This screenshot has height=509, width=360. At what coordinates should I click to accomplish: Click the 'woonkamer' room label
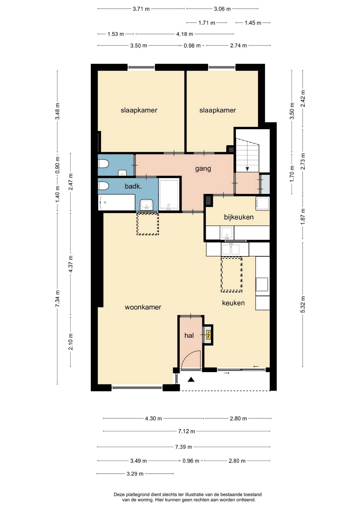(x=143, y=307)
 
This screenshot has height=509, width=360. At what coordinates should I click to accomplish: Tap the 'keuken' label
(x=233, y=303)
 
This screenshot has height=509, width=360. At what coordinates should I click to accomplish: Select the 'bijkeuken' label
(x=239, y=217)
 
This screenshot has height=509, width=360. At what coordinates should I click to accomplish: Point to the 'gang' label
(x=203, y=169)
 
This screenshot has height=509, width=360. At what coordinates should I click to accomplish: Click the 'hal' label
(x=189, y=335)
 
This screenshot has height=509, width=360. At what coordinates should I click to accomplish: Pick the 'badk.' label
(x=133, y=186)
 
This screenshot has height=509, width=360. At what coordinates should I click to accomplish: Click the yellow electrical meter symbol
(x=208, y=335)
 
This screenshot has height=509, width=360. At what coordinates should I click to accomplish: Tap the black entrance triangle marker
(x=191, y=380)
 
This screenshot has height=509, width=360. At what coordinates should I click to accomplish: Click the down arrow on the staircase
(x=247, y=169)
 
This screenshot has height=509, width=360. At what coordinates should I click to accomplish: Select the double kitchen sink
(x=231, y=249)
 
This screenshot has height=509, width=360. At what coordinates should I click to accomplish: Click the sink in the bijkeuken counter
(x=227, y=233)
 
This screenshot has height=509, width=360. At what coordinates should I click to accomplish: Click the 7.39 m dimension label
(x=183, y=447)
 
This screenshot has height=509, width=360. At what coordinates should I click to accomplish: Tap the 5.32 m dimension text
(x=303, y=304)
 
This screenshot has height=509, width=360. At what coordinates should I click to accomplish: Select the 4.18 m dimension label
(x=185, y=34)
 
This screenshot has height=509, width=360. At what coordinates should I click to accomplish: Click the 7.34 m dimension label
(x=57, y=299)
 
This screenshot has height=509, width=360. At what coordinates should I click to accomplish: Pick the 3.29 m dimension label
(x=135, y=474)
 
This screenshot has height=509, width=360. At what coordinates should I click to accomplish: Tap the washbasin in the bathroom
(x=146, y=205)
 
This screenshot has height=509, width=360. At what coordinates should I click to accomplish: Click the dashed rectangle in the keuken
(x=231, y=274)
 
